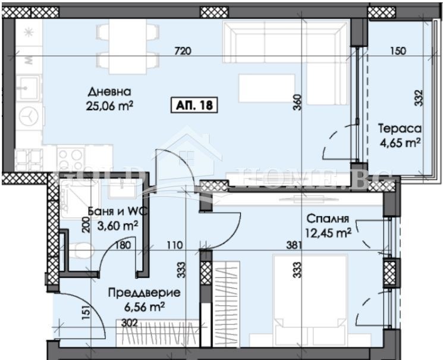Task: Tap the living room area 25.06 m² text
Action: [x=109, y=106]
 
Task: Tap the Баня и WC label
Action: [x=112, y=212]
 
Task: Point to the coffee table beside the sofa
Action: [x=267, y=88]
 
